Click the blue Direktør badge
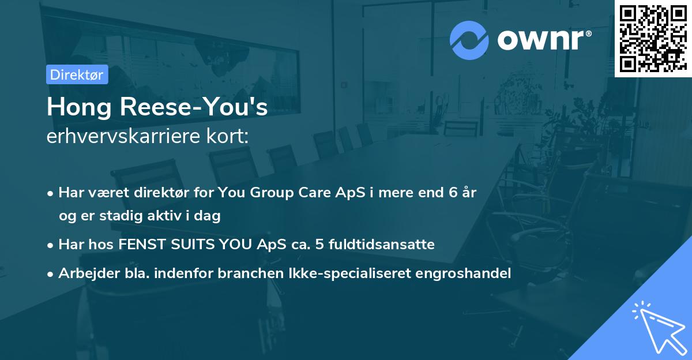pyautogui.click(x=77, y=74)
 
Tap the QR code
pyautogui.click(x=653, y=39)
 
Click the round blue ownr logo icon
pyautogui.click(x=469, y=40)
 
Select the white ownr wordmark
pyautogui.click(x=540, y=40)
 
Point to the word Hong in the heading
pyautogui.click(x=79, y=107)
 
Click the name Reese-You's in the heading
pyautogui.click(x=194, y=107)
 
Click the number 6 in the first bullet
pyautogui.click(x=453, y=192)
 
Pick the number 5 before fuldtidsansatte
pyautogui.click(x=319, y=245)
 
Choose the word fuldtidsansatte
pyautogui.click(x=382, y=245)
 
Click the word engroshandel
pyautogui.click(x=463, y=273)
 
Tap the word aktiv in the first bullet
pyautogui.click(x=164, y=215)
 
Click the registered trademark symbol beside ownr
pyautogui.click(x=588, y=33)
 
